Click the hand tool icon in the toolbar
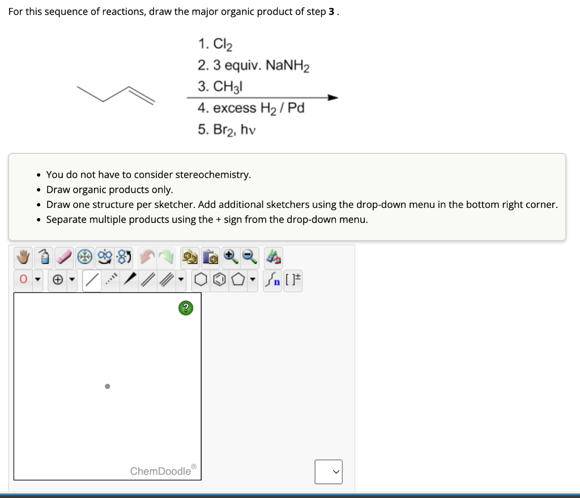point(23,258)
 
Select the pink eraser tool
point(66,258)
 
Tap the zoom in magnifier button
point(231,258)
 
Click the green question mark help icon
point(186,308)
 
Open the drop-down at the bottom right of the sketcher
point(329,471)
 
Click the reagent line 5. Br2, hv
point(227,129)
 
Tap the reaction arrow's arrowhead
point(332,97)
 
